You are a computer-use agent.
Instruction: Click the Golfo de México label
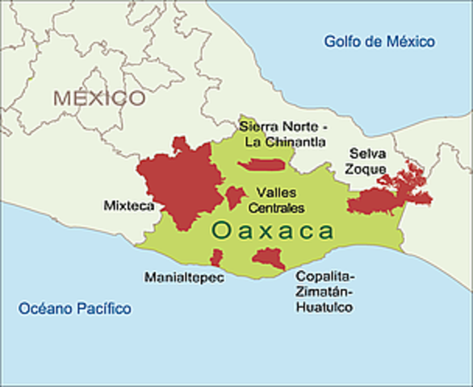(379, 41)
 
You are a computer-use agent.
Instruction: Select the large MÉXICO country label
(100, 98)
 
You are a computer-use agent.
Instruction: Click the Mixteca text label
(128, 206)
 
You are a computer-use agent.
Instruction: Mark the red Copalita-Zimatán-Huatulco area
(266, 259)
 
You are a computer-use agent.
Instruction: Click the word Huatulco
(324, 307)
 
